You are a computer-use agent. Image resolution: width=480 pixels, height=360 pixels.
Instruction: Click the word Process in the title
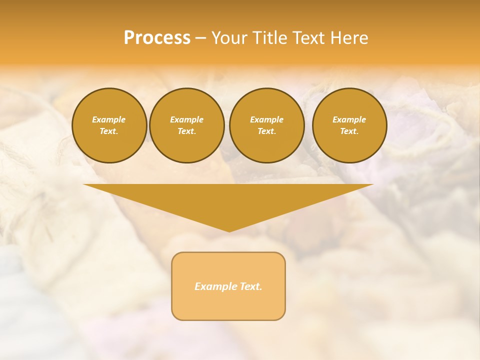click(157, 38)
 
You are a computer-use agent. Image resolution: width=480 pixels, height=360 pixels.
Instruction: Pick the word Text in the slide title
click(309, 38)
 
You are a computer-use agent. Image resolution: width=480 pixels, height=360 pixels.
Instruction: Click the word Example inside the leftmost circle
click(109, 119)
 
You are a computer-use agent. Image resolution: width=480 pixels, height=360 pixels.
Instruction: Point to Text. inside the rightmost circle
click(349, 131)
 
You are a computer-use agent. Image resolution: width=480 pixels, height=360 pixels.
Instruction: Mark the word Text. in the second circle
click(186, 131)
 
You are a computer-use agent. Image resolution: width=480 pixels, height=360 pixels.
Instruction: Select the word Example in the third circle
click(266, 119)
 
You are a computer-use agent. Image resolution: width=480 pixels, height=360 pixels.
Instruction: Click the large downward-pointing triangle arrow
click(228, 200)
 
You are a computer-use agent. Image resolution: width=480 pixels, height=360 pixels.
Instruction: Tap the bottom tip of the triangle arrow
click(229, 230)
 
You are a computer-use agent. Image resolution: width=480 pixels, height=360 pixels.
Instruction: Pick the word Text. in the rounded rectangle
click(250, 286)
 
